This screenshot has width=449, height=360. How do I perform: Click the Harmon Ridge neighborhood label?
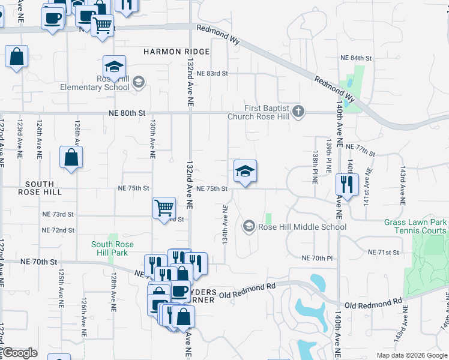(x=176, y=52)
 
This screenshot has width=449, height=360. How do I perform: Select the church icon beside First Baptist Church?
(x=298, y=112)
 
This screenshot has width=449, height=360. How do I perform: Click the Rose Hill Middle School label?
(x=302, y=227)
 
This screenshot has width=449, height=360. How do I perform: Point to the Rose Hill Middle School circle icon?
(x=249, y=226)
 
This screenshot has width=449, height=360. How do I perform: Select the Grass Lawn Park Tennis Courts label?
(x=415, y=226)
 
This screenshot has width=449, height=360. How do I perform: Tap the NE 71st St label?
(x=384, y=253)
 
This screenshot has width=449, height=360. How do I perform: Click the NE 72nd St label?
(x=58, y=230)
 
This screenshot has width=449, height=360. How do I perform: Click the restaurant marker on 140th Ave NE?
(x=347, y=183)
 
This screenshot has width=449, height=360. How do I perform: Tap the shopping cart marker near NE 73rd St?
(x=164, y=208)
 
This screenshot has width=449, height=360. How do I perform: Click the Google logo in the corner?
(x=20, y=353)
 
